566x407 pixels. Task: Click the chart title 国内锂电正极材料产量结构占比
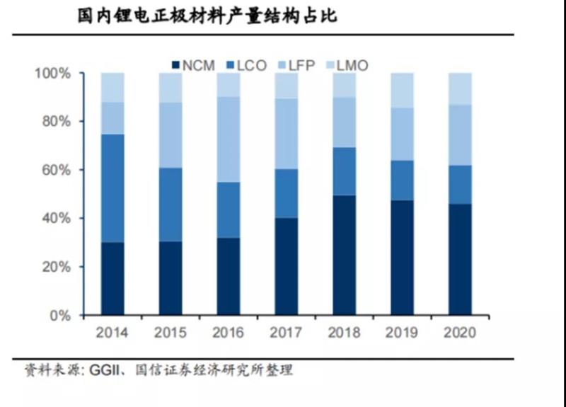coord(207,16)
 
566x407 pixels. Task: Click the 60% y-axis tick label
coord(55,170)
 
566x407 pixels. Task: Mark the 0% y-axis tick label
coord(59,315)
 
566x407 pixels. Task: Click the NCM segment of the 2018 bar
coord(345,255)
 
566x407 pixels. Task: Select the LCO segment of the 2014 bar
coord(112,188)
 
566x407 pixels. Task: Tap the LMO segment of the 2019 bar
coord(402,90)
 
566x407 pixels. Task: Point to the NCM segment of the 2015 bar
coord(170,278)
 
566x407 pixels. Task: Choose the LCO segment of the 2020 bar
coord(460,184)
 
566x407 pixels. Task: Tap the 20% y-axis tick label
coord(55,267)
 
